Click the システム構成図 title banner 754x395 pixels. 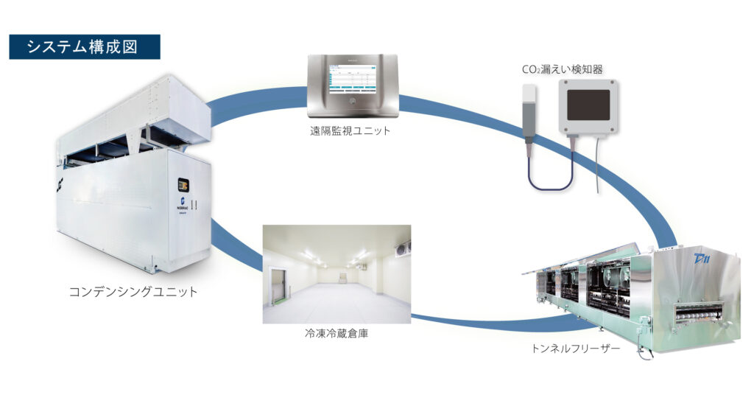pos(84,46)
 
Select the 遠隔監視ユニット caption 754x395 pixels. pos(350,133)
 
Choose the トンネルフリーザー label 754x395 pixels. pos(579,346)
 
